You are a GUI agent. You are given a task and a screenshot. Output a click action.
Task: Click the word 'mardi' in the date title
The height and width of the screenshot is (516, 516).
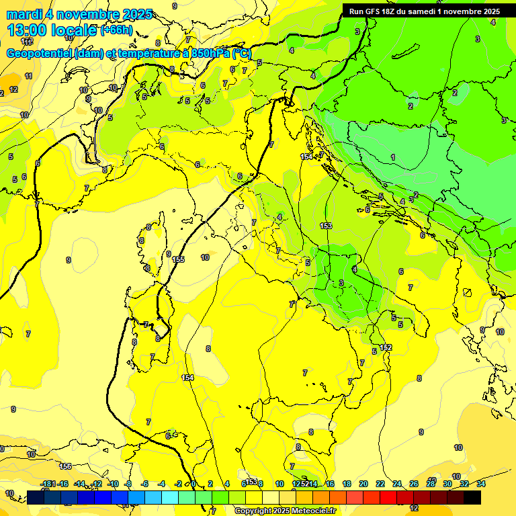click(x=22, y=14)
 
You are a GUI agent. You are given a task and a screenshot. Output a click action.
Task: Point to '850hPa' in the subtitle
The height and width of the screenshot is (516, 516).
click(x=209, y=53)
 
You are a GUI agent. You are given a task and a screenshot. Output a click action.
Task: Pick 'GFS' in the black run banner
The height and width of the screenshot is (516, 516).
click(x=374, y=11)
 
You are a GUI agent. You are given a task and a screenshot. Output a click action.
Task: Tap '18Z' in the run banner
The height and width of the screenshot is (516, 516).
click(x=390, y=11)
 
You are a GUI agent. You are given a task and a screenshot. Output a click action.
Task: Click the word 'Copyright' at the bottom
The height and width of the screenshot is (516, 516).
click(x=253, y=511)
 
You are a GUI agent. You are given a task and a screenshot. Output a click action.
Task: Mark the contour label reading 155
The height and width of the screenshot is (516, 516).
click(x=178, y=259)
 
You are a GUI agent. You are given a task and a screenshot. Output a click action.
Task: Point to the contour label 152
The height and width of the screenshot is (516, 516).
click(x=385, y=347)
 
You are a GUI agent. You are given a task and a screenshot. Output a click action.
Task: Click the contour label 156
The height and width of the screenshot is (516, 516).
click(x=65, y=466)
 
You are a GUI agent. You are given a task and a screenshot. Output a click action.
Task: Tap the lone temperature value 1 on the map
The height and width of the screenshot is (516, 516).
click(x=393, y=157)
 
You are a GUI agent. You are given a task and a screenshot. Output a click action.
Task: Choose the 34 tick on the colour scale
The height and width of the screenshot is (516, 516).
click(x=481, y=484)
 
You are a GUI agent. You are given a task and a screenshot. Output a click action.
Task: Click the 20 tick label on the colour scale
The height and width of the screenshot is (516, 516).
click(x=363, y=484)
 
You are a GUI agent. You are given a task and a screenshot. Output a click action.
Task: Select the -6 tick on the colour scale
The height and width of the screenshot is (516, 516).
click(x=144, y=484)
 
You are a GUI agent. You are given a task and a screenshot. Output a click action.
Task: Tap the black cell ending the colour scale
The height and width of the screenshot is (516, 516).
click(x=472, y=497)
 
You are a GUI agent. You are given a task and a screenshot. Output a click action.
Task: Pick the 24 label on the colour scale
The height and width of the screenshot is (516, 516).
click(x=397, y=484)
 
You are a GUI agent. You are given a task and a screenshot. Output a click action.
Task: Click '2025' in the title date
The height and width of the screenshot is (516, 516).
click(x=136, y=14)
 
